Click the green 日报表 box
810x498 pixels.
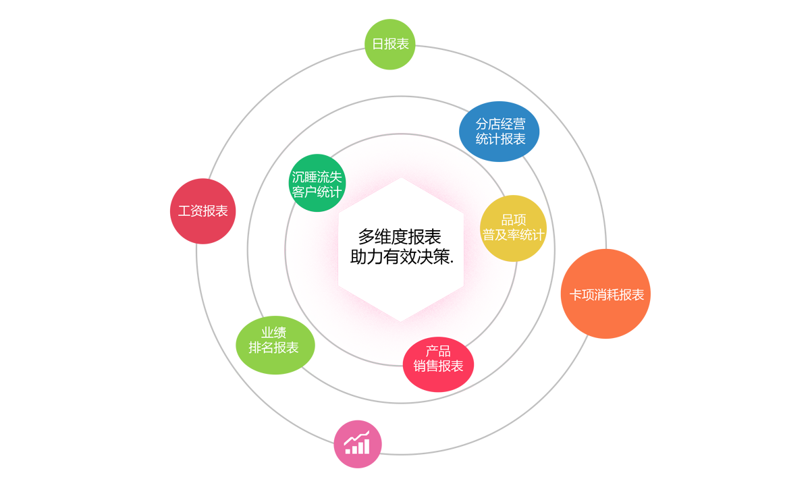coord(389,44)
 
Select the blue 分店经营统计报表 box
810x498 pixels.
coord(499,132)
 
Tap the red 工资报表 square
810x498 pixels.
coord(202,211)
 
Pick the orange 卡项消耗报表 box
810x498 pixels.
coord(605,294)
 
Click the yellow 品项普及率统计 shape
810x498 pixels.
coord(513,228)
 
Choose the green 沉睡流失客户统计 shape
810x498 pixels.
coord(317,184)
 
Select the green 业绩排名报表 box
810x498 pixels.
coord(274,344)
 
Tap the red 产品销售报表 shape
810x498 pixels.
coord(438,365)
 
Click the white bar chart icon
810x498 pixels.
coord(357,443)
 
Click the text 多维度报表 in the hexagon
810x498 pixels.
coord(400,237)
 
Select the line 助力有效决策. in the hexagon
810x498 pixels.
coord(402,257)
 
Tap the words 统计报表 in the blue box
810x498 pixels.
coord(500,140)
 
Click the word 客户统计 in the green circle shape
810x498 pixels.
coord(317,192)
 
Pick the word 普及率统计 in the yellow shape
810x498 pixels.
coord(513,235)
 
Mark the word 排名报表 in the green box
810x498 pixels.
coord(273,348)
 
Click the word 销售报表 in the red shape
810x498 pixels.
coord(438,366)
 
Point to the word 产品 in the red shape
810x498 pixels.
coord(438,352)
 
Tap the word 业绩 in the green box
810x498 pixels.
coord(273,333)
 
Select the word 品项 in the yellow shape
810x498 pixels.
coord(513,220)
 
